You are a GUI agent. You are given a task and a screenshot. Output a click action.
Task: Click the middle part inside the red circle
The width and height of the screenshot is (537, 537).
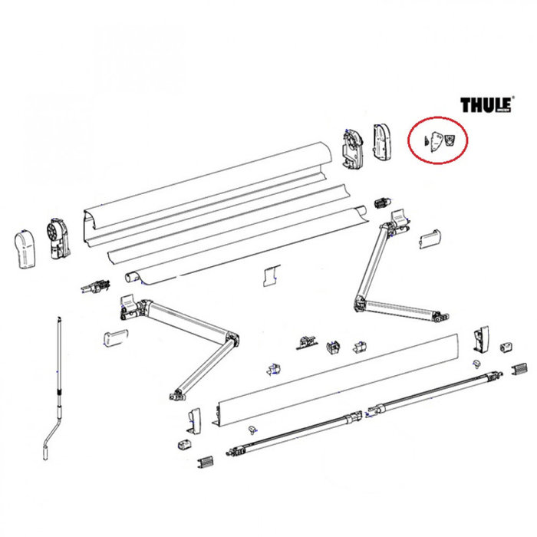[x=437, y=141]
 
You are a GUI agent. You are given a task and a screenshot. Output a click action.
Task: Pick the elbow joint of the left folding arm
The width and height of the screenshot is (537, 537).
[x=228, y=340]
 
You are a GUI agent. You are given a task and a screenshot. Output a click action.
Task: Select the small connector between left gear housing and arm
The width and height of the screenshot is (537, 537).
[x=97, y=287]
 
